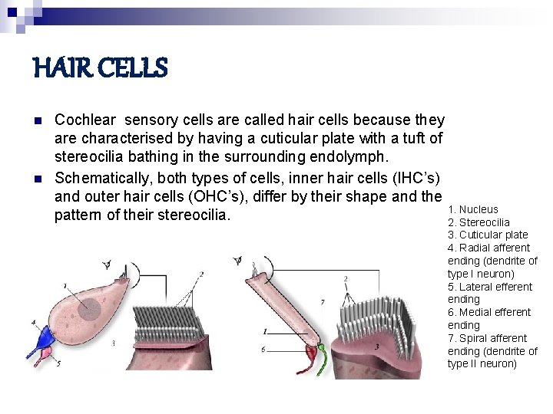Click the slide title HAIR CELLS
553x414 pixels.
(100, 70)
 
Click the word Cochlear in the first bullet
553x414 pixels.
(85, 120)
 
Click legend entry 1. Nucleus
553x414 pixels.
(472, 209)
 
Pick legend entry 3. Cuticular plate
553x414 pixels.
(487, 235)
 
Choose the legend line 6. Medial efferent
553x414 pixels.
(488, 312)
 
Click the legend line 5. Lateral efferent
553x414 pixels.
(489, 287)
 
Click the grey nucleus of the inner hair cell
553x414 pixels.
(91, 309)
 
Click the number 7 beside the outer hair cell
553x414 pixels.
(322, 302)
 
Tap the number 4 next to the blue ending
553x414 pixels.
(33, 322)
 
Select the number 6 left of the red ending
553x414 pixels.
(263, 350)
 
